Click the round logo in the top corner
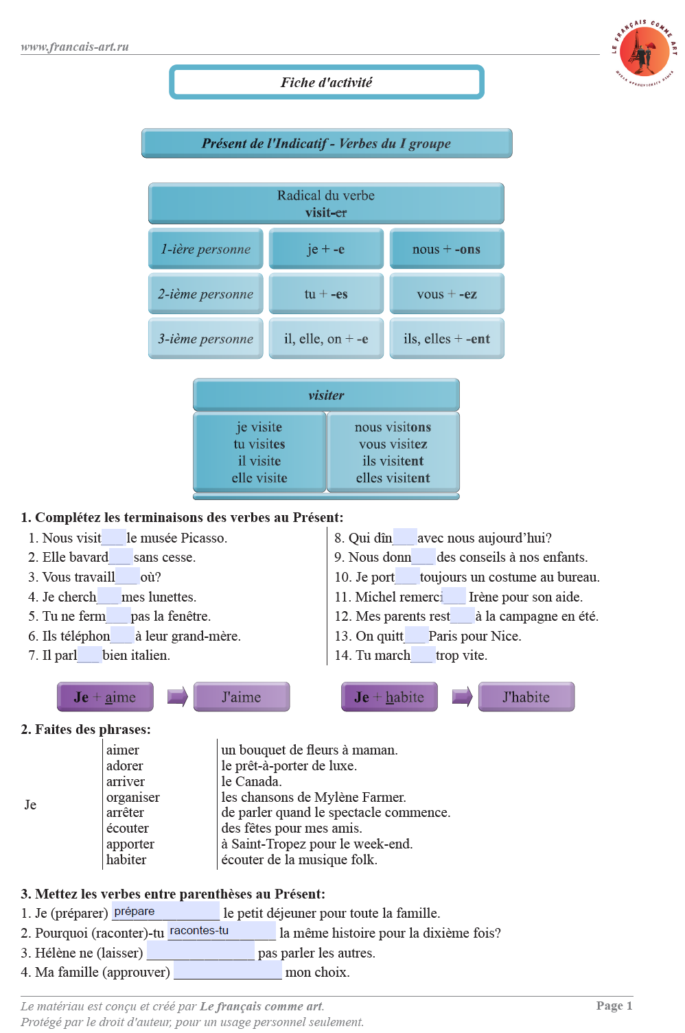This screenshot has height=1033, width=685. click(x=645, y=53)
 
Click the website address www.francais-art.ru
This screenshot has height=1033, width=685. click(x=75, y=47)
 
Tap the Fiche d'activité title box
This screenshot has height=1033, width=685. click(x=327, y=82)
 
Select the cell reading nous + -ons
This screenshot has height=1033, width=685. click(x=447, y=249)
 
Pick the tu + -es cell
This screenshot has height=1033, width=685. click(x=326, y=294)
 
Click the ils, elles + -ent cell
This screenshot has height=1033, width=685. click(x=447, y=338)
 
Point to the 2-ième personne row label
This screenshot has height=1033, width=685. click(x=206, y=294)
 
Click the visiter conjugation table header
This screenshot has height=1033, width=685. click(x=326, y=395)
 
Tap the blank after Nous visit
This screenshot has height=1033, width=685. click(x=113, y=537)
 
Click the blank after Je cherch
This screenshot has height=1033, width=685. click(x=109, y=596)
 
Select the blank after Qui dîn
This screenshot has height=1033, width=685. click(x=405, y=537)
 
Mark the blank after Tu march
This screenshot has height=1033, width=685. click(x=423, y=655)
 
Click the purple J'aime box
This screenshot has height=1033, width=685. click(x=242, y=697)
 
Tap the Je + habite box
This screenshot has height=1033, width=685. click(x=389, y=697)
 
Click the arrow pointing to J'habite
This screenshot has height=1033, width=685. click(x=462, y=697)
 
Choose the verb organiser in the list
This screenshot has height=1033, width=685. click(x=133, y=797)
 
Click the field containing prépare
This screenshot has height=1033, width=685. click(x=165, y=912)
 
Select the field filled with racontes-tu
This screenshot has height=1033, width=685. click(x=222, y=931)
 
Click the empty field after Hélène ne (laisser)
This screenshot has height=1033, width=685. click(x=200, y=951)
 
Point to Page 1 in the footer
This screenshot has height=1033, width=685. click(x=614, y=1006)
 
